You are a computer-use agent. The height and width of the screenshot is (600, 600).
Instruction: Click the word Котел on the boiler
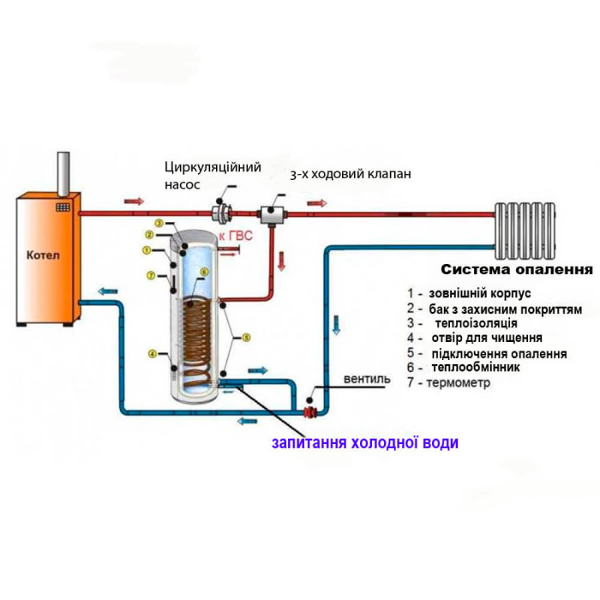[43, 255]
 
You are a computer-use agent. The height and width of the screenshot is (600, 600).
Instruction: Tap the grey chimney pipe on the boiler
[63, 174]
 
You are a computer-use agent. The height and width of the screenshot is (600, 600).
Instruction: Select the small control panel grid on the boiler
[63, 207]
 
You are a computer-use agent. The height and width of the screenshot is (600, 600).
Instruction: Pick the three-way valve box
[272, 214]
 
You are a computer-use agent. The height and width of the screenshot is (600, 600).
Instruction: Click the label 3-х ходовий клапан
[351, 174]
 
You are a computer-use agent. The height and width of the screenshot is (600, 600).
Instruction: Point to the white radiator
[525, 231]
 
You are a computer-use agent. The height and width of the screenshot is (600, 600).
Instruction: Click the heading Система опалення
[517, 269]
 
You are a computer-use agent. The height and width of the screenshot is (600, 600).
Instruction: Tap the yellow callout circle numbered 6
[204, 272]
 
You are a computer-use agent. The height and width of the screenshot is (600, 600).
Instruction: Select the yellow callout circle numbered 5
[247, 338]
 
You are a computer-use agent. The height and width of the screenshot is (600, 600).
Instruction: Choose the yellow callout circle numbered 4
[153, 354]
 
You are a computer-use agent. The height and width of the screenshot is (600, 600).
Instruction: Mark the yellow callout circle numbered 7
[151, 275]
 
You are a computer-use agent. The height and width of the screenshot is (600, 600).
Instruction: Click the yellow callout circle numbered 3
[159, 223]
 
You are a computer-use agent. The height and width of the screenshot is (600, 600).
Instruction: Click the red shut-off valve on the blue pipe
[310, 412]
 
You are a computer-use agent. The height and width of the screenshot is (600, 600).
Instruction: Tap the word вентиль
[367, 379]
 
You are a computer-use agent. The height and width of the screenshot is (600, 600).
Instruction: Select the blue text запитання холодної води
[365, 443]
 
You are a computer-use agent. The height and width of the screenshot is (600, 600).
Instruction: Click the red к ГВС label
[236, 236]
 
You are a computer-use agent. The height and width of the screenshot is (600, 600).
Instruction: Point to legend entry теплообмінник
[476, 368]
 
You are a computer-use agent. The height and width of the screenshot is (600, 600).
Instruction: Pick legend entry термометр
[459, 382]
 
